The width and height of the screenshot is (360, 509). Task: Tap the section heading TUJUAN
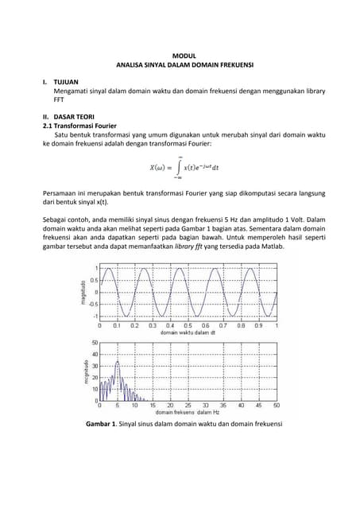67,82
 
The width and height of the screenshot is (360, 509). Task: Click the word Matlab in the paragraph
269,247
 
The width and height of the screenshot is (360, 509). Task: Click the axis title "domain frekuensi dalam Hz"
186,412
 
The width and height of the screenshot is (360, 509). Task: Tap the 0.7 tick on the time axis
224,325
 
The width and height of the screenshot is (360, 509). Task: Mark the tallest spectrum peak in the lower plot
118,363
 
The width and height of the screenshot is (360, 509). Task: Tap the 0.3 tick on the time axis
153,325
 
